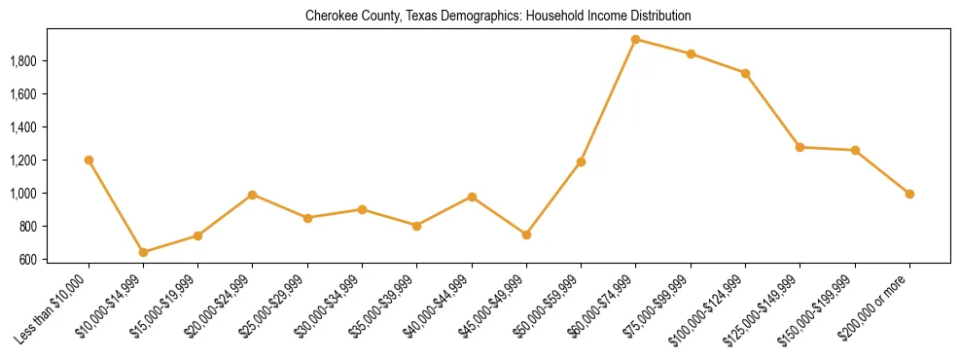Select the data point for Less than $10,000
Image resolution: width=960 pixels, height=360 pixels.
point(89,160)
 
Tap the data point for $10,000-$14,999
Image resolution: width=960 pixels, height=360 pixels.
point(143,252)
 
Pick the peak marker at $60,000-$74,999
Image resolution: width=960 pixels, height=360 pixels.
point(635,40)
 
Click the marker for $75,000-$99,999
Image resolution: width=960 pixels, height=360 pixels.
point(691,54)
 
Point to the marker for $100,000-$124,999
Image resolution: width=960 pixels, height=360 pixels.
point(745,73)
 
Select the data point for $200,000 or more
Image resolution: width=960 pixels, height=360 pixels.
point(909,194)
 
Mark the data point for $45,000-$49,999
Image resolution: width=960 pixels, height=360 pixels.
point(526,234)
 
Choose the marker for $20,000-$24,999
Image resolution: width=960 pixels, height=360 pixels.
point(253,195)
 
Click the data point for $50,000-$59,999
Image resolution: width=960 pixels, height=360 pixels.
point(581,162)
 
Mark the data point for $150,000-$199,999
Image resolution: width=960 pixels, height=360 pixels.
point(855,150)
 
